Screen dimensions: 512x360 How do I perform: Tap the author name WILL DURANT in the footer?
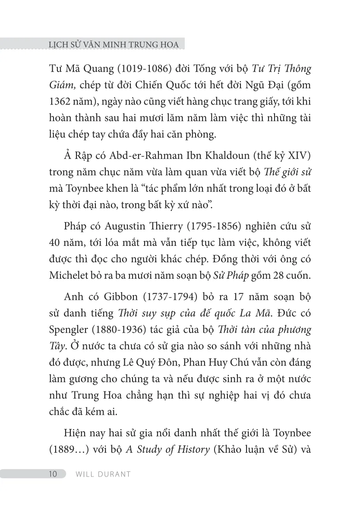(103, 474)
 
